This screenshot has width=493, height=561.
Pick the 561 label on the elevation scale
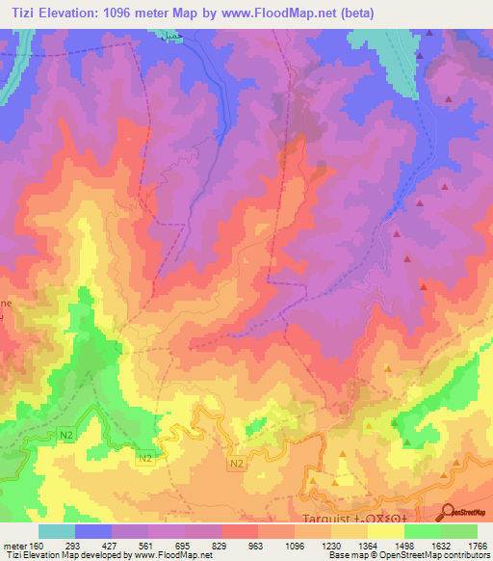pyautogui.click(x=147, y=546)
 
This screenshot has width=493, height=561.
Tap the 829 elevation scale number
pyautogui.click(x=221, y=546)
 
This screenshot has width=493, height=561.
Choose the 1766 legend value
pyautogui.click(x=476, y=546)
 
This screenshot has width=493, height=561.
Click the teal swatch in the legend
pyautogui.click(x=56, y=531)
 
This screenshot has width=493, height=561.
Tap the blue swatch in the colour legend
pyautogui.click(x=92, y=531)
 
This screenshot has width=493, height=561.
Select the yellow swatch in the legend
pyautogui.click(x=385, y=531)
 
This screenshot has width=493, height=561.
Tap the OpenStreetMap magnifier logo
pyautogui.click(x=447, y=513)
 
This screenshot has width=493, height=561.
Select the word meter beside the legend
pyautogui.click(x=14, y=546)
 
